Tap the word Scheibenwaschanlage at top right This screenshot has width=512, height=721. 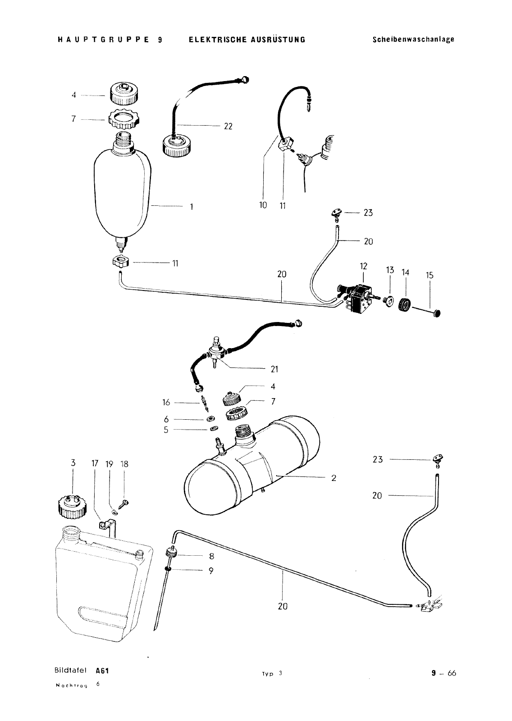(x=413, y=40)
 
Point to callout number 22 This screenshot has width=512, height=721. (x=228, y=127)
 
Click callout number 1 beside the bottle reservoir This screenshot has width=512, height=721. (x=192, y=207)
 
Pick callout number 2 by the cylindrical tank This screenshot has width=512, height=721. (x=334, y=478)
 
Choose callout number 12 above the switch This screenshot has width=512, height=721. (x=363, y=266)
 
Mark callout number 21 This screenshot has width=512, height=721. (x=274, y=369)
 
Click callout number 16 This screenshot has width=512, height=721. (x=166, y=402)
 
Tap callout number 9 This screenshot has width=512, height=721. (x=211, y=571)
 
